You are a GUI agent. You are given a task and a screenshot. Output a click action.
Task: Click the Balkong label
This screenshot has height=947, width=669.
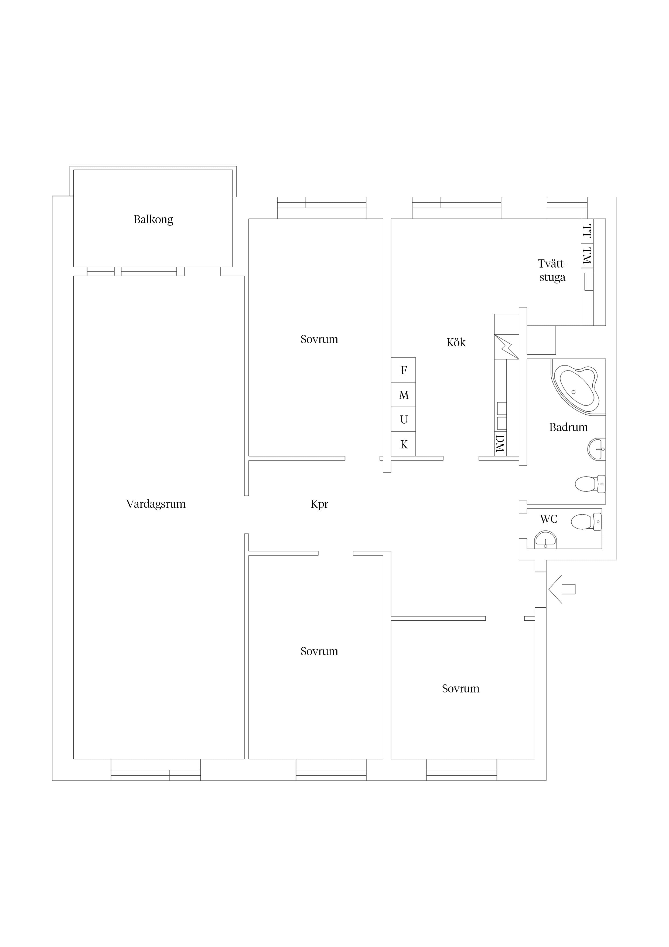tap(153, 219)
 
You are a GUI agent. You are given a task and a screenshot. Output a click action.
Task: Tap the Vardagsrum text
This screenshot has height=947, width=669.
tap(156, 504)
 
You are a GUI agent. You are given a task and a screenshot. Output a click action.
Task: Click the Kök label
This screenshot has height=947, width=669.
tap(456, 342)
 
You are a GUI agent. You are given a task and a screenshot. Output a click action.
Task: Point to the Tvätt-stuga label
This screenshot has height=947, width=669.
tap(552, 270)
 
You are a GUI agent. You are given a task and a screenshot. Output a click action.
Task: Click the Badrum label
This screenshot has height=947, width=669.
tap(568, 427)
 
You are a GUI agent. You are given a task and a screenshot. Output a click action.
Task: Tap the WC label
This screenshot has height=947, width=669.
tap(549, 519)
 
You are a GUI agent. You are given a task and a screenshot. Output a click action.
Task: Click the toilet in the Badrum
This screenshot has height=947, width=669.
tap(590, 484)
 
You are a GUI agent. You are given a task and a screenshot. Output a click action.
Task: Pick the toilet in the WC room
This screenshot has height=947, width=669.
tap(586, 522)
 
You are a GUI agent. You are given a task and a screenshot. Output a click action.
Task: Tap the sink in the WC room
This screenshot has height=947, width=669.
tap(545, 540)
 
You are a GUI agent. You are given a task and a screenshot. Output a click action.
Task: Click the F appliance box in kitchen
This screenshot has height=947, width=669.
tap(404, 370)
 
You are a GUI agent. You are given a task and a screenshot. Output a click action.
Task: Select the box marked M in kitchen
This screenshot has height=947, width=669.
tap(404, 395)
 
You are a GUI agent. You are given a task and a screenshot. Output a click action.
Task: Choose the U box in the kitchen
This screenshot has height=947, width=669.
tap(404, 420)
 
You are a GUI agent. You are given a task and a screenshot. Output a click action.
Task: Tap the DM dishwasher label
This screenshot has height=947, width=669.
tap(500, 443)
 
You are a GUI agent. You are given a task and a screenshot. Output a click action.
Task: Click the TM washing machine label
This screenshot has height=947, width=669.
tap(587, 256)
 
